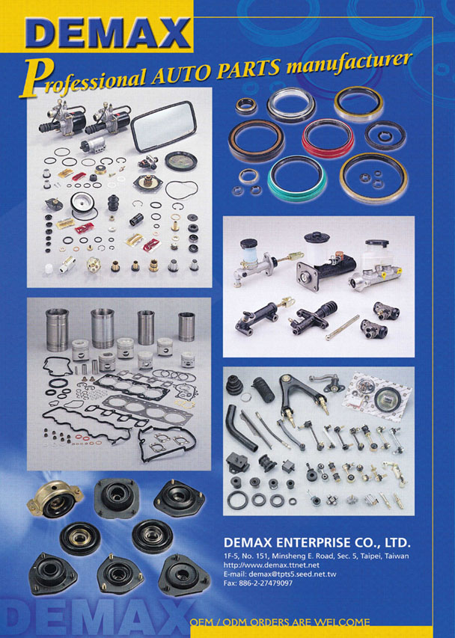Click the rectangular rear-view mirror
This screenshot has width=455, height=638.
pyautogui.click(x=164, y=126)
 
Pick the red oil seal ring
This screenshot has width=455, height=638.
pyautogui.click(x=328, y=138)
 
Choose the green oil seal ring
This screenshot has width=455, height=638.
pyautogui.click(x=297, y=177)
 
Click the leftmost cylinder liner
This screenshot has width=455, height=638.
pyautogui.click(x=57, y=330)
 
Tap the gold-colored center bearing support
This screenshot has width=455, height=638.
pyautogui.click(x=54, y=499)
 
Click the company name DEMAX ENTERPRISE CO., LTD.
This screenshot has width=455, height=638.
pyautogui.click(x=317, y=542)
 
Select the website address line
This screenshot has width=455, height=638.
pyautogui.click(x=272, y=565)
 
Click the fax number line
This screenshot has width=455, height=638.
pyautogui.click(x=258, y=583)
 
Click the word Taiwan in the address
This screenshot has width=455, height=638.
pyautogui.click(x=397, y=556)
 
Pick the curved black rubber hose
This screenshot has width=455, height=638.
pyautogui.click(x=239, y=428)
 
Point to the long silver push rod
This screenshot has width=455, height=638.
pyautogui.click(x=342, y=328)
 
